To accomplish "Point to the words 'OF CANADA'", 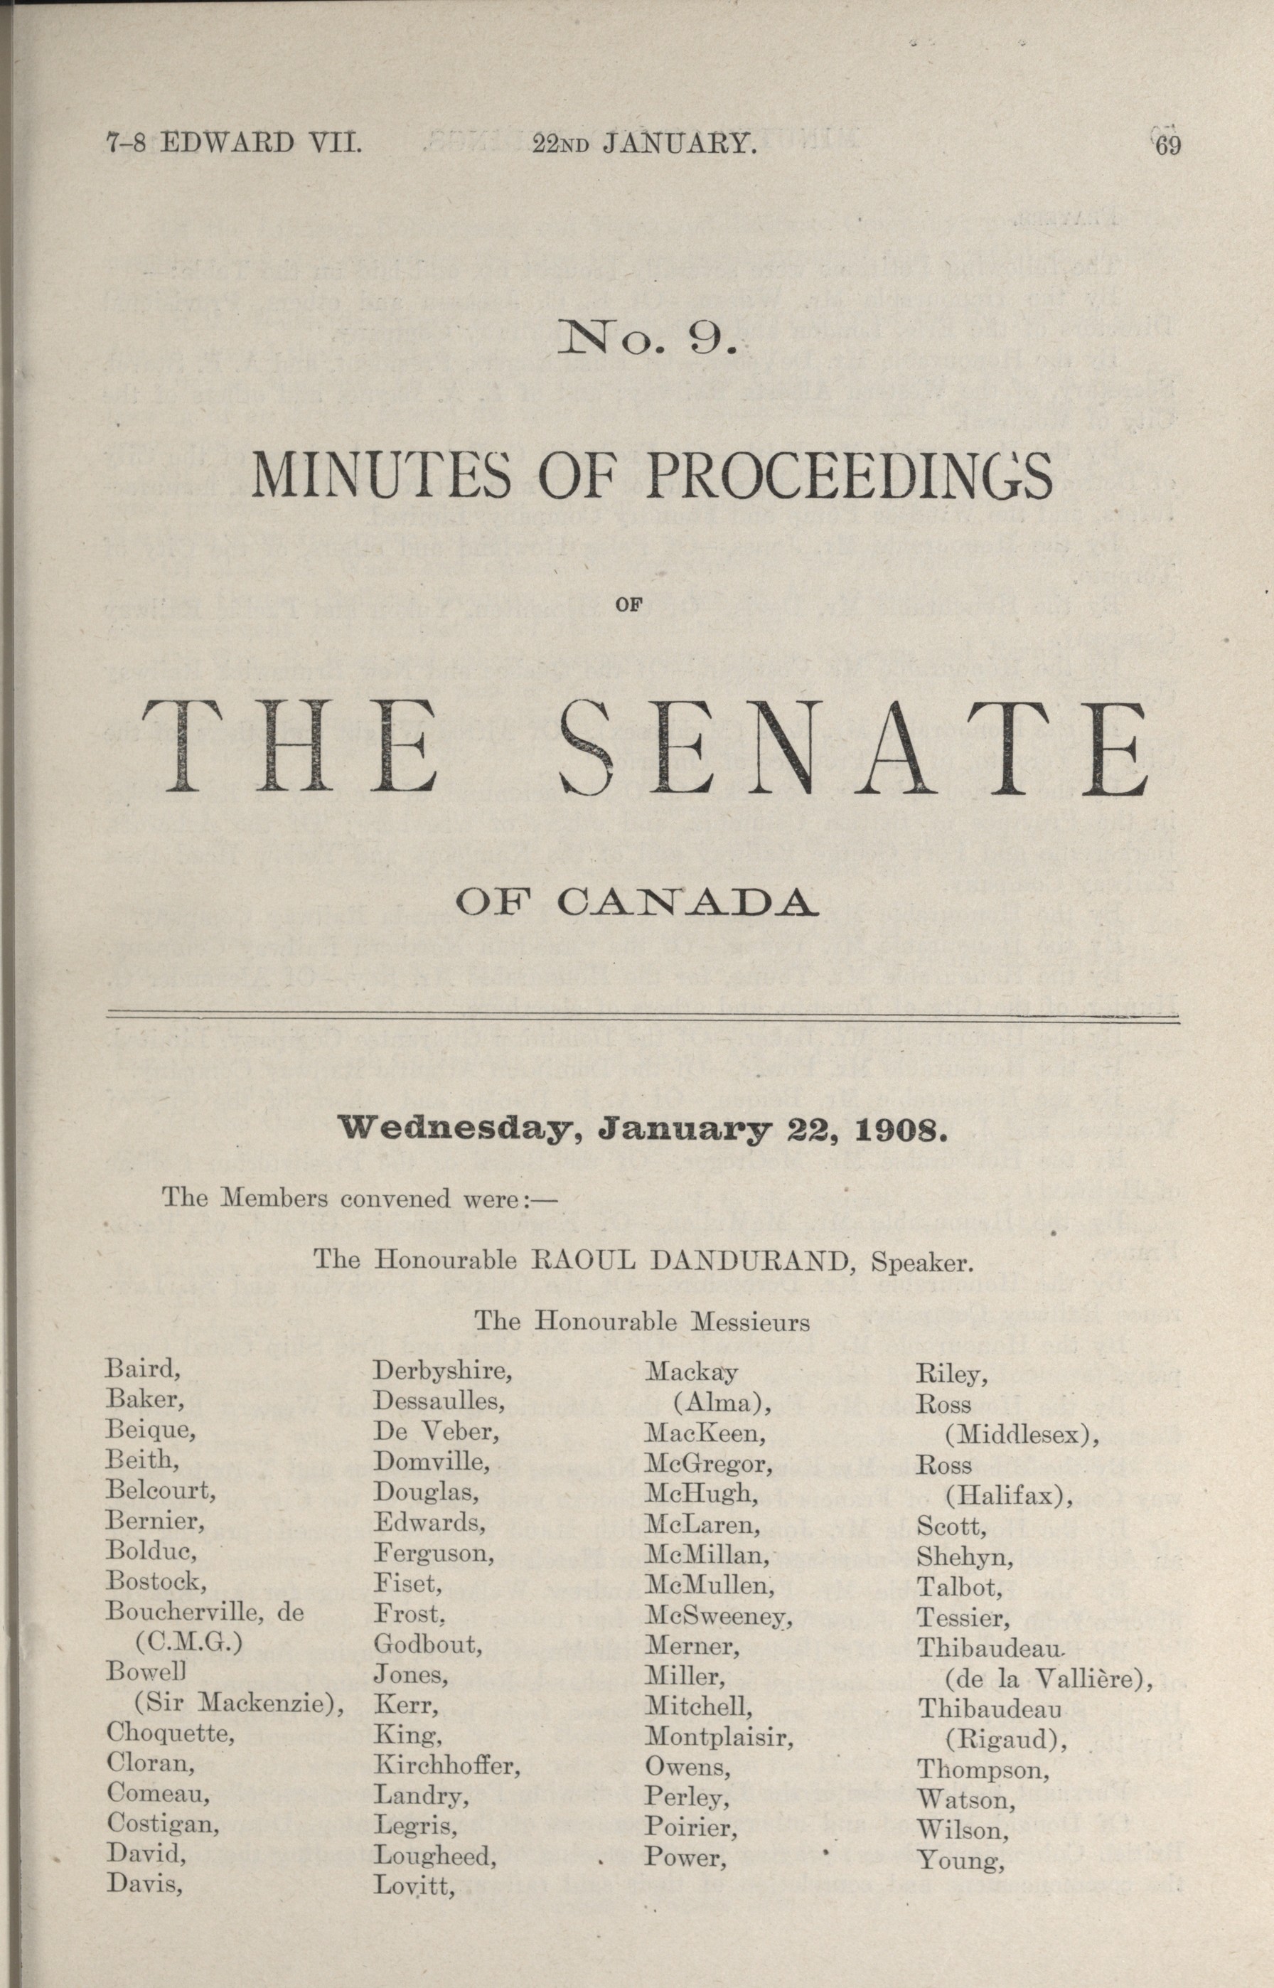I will click(637, 902).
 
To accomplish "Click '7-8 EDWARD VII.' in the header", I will click(233, 144).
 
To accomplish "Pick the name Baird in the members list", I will click(142, 1369).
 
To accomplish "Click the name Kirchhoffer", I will click(446, 1766).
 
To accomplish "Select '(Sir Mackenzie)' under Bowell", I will click(238, 1704).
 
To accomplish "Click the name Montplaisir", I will click(718, 1736).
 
